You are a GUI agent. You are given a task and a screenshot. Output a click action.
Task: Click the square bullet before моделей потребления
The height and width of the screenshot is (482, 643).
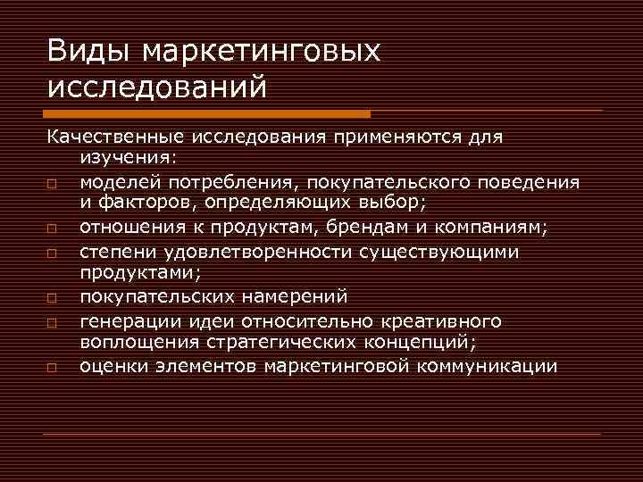point(54,184)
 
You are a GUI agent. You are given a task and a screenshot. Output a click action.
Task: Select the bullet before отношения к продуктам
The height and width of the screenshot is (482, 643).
point(54,229)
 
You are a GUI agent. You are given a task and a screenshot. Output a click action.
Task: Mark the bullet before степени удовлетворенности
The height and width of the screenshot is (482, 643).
point(54,254)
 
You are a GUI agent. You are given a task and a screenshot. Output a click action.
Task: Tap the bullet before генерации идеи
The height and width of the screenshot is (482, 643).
point(54,322)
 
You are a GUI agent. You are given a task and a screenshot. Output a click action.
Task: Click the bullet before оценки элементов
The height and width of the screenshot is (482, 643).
point(54,367)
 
